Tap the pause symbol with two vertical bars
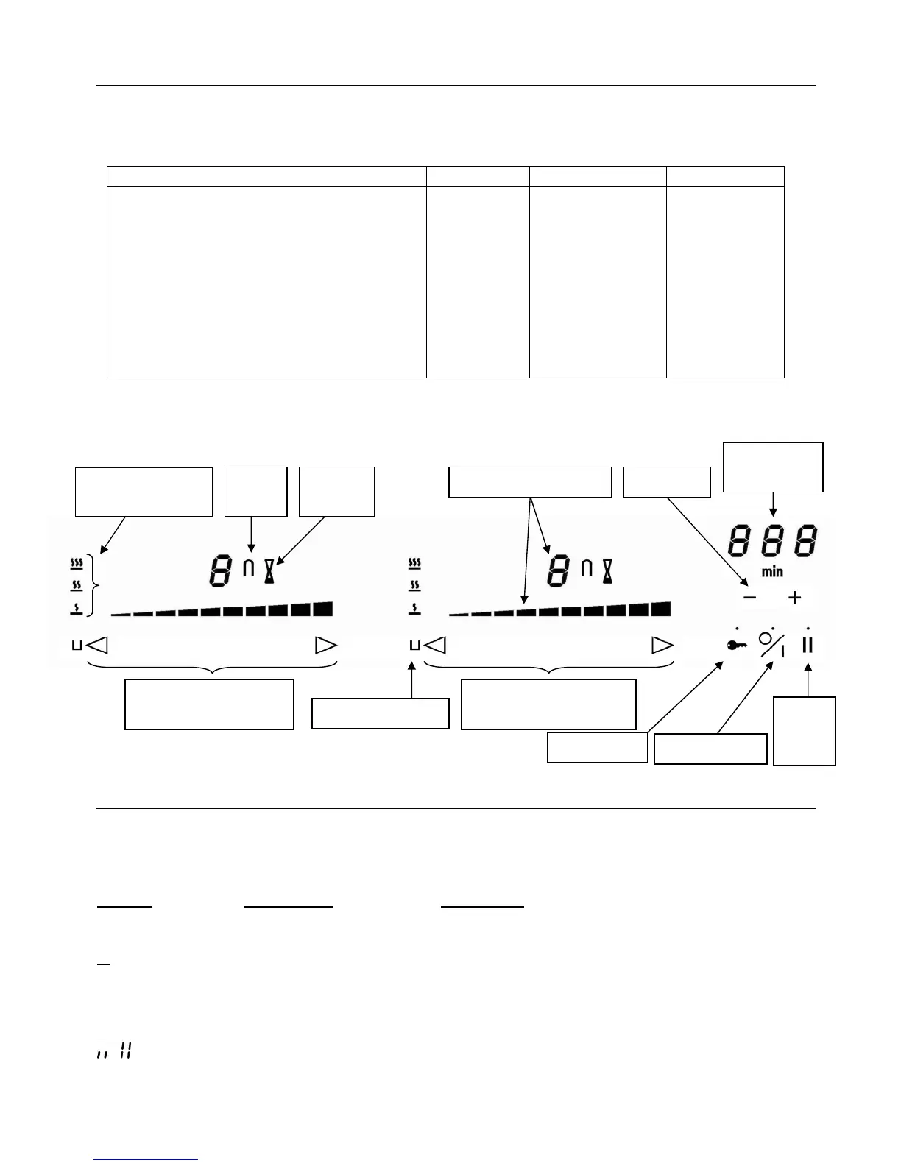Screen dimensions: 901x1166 (x=808, y=645)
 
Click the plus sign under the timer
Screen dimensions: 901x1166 (x=794, y=598)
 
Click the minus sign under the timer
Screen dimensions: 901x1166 (x=749, y=598)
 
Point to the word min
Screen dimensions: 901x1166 (x=772, y=572)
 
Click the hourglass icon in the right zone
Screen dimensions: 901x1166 (x=608, y=570)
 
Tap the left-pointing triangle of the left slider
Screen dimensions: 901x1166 (x=97, y=646)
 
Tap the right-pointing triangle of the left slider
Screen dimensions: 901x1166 (x=325, y=646)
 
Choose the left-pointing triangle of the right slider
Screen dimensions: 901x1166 (x=435, y=646)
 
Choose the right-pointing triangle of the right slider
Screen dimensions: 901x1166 (x=662, y=646)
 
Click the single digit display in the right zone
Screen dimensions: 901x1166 (x=557, y=570)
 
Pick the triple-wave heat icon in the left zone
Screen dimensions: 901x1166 (x=76, y=565)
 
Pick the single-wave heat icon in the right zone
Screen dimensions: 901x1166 (x=414, y=609)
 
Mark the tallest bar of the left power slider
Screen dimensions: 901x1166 (x=322, y=609)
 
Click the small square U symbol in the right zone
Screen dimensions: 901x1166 (x=414, y=646)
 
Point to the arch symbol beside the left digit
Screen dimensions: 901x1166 (x=249, y=569)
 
